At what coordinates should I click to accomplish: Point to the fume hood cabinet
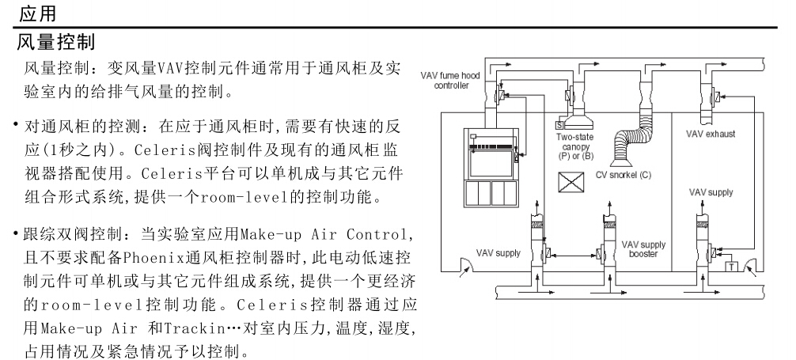pyautogui.click(x=492, y=165)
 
